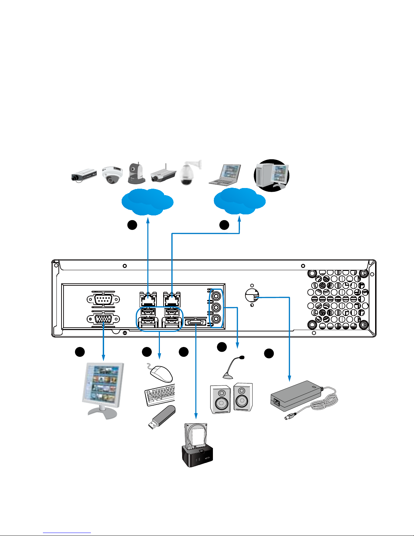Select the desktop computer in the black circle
click(x=272, y=175)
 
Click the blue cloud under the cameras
click(x=148, y=202)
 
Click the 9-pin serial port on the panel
click(x=103, y=299)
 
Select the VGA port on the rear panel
click(x=103, y=319)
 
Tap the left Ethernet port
click(x=148, y=299)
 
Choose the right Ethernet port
click(x=172, y=299)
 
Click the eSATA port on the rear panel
click(x=196, y=323)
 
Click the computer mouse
click(x=161, y=373)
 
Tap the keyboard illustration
click(x=160, y=395)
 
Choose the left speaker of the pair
click(x=221, y=399)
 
